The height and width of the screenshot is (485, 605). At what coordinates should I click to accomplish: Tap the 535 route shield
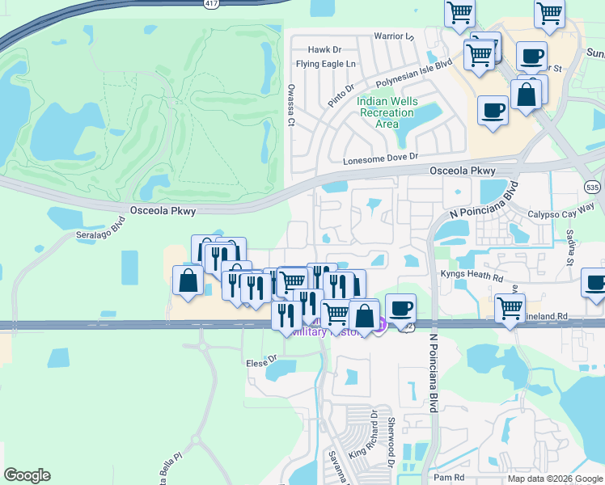pyautogui.click(x=593, y=187)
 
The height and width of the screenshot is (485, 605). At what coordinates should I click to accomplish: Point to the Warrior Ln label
pyautogui.click(x=394, y=36)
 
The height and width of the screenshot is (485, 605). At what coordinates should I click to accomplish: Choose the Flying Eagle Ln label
pyautogui.click(x=326, y=64)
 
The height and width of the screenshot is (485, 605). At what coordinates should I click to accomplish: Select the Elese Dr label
pyautogui.click(x=261, y=360)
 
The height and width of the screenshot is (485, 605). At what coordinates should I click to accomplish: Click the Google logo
pyautogui.click(x=27, y=475)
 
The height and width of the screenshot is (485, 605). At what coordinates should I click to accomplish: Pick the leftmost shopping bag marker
pyautogui.click(x=188, y=281)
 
